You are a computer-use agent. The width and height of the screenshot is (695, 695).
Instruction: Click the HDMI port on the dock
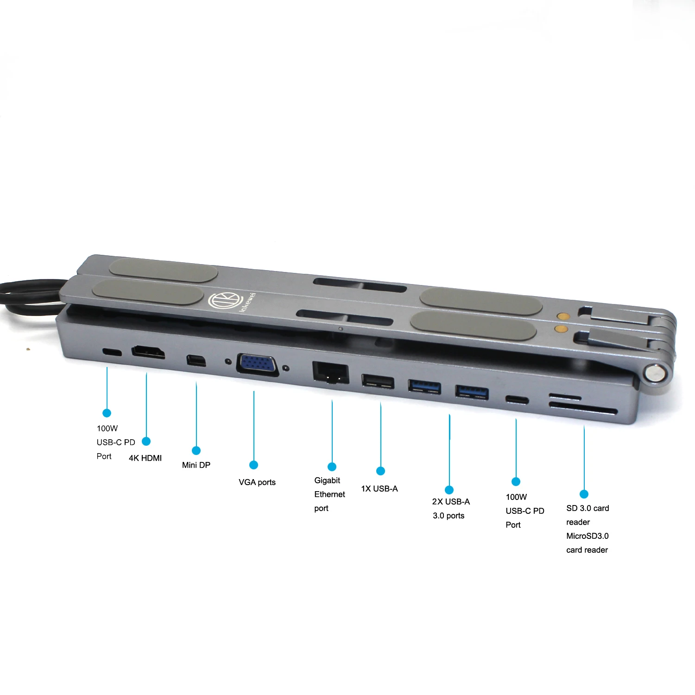(x=148, y=353)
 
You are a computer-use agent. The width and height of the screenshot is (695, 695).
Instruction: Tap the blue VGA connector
(x=258, y=364)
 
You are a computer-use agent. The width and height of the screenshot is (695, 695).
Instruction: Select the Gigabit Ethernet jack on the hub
(x=331, y=373)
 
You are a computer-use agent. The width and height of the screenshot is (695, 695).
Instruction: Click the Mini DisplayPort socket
(x=196, y=360)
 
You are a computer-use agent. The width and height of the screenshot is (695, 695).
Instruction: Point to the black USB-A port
(x=378, y=381)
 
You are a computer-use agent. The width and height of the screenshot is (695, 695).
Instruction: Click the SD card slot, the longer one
(x=583, y=409)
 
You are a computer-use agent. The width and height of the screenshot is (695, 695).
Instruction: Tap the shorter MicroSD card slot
(x=565, y=397)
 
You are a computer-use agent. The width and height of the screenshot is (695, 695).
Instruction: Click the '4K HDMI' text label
(x=145, y=458)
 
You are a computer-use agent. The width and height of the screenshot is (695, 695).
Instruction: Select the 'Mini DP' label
(x=196, y=465)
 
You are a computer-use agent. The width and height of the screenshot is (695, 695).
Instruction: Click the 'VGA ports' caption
(x=257, y=482)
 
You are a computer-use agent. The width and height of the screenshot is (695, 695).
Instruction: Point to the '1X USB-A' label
(x=379, y=489)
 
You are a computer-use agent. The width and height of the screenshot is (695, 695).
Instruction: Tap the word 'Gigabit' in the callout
(x=327, y=480)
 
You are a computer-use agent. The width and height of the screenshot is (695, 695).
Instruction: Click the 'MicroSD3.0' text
(x=588, y=536)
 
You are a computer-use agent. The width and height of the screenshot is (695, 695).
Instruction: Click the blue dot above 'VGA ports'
(x=253, y=465)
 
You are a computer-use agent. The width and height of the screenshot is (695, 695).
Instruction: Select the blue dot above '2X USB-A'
(x=449, y=490)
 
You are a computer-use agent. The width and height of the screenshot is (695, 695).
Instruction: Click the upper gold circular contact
(x=562, y=316)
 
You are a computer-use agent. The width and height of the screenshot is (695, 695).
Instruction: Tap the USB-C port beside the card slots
(x=517, y=399)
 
